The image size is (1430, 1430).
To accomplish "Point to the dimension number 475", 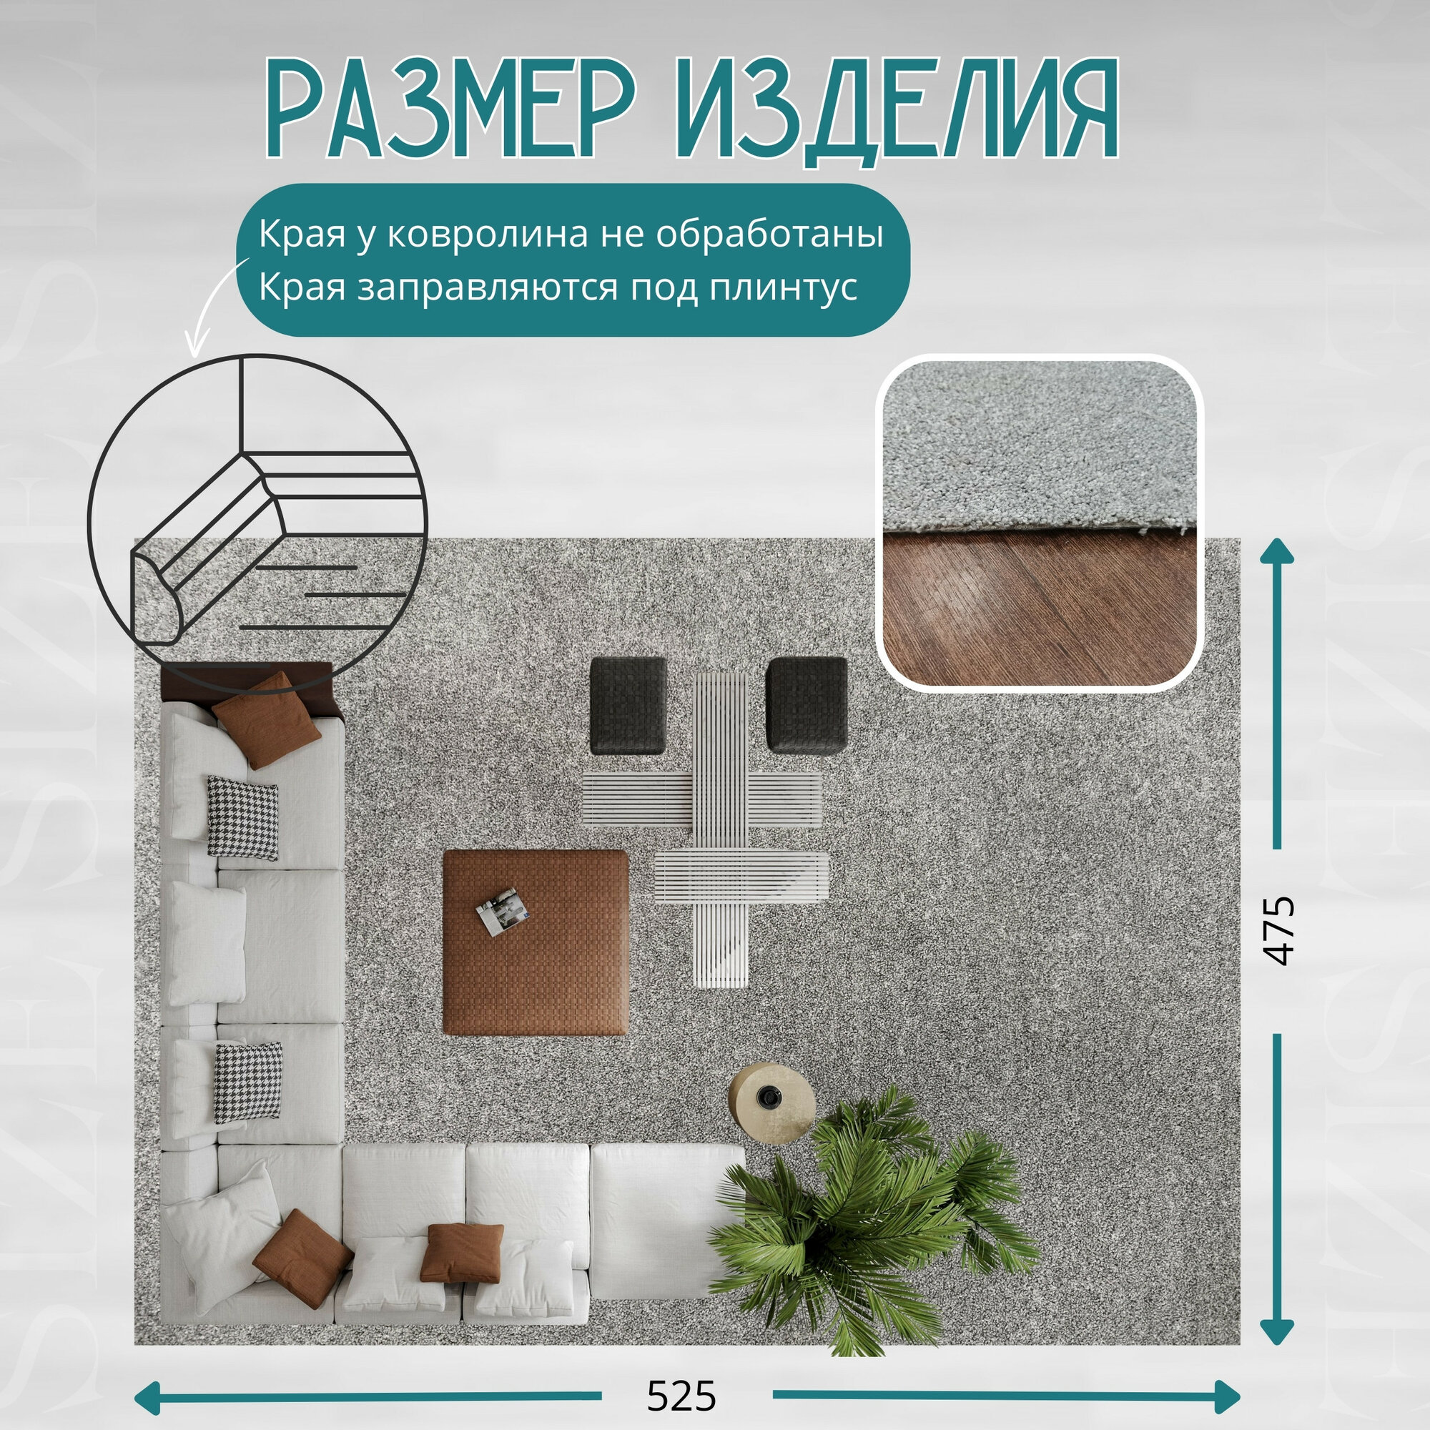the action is (x=1279, y=930).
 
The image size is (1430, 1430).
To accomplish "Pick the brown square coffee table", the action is (x=535, y=941).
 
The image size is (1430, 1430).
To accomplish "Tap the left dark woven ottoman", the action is (x=628, y=706).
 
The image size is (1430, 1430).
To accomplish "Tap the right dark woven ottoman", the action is (x=806, y=705).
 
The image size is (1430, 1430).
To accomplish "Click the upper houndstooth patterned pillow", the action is (x=242, y=818).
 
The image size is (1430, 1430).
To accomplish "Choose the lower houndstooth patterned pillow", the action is (x=248, y=1081).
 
